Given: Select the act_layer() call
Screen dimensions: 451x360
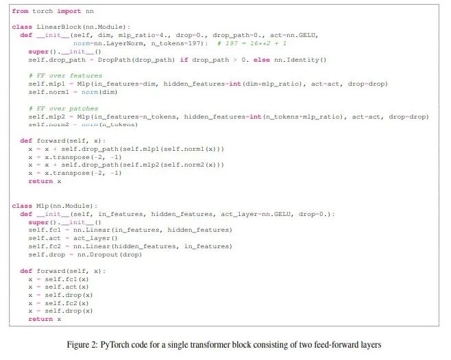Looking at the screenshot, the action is pyautogui.click(x=94, y=238).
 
